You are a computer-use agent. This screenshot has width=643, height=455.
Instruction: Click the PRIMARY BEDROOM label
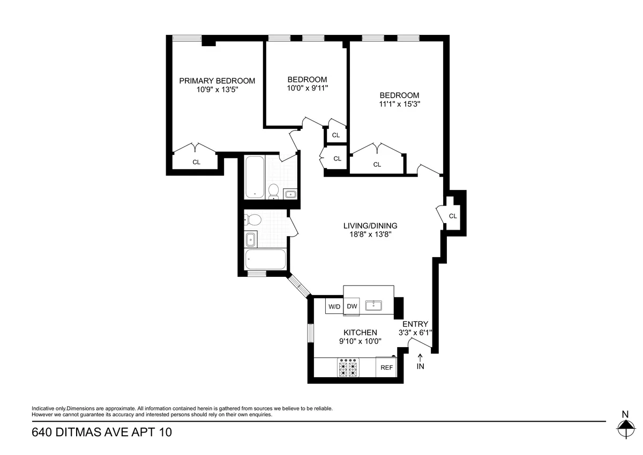point(216,81)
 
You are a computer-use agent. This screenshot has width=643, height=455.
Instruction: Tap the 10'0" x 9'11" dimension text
point(307,88)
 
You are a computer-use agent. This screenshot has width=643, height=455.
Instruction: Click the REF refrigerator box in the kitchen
point(386,368)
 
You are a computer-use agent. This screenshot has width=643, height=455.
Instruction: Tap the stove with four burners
point(347,368)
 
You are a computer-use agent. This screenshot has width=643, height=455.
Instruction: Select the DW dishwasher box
point(352,306)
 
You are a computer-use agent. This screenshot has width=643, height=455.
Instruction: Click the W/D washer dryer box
point(334,306)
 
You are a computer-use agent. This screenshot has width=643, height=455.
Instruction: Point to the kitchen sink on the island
point(373,306)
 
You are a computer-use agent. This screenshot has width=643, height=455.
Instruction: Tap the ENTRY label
point(415,324)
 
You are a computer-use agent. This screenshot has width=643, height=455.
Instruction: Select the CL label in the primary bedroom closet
point(196,162)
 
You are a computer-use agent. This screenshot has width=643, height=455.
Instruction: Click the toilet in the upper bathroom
point(274,191)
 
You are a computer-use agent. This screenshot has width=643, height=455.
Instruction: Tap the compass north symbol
point(625,429)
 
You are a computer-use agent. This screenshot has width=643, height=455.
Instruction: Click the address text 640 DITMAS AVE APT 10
point(102,432)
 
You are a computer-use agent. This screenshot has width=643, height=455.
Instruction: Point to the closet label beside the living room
point(453,216)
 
